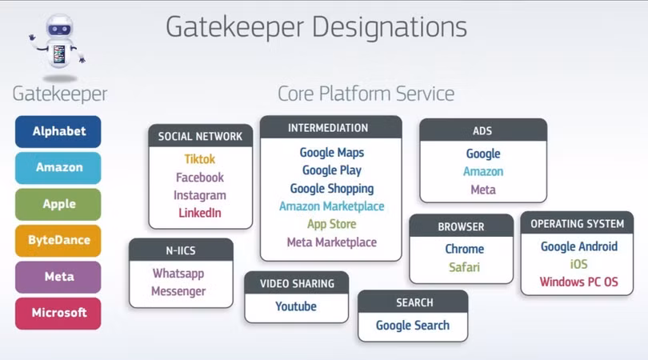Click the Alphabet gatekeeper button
point(58,131)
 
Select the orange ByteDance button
point(58,240)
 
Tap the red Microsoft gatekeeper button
point(58,313)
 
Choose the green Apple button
point(58,204)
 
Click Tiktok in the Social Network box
point(199,159)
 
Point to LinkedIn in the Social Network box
point(199,213)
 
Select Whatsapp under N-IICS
point(178,274)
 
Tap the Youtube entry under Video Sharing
point(296,306)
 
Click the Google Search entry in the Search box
point(412,326)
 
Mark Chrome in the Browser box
point(464,249)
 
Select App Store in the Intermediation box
point(331,224)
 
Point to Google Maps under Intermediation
point(331,152)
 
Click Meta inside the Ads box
point(482,190)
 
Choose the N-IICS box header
point(181,250)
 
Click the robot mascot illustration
point(57,44)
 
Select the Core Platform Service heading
point(366,94)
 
